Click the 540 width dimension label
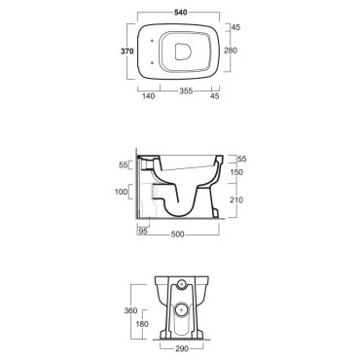(180, 13)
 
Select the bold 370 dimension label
(127, 51)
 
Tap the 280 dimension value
(231, 51)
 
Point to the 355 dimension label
(186, 90)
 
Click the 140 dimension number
(149, 96)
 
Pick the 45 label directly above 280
(235, 27)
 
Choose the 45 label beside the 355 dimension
(215, 96)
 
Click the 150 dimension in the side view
(236, 172)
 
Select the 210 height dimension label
(236, 199)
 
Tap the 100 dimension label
(122, 192)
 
